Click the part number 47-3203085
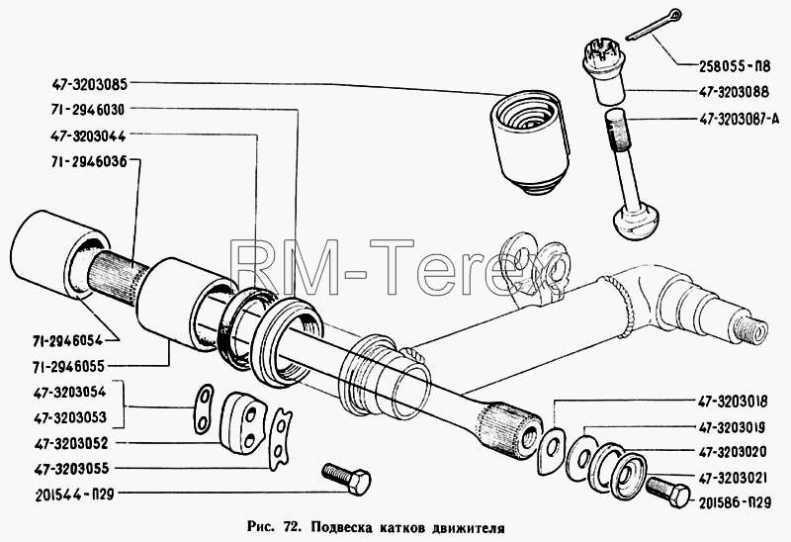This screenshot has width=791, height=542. (89, 84)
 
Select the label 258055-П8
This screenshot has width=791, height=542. (735, 65)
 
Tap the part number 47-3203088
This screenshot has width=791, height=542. (734, 92)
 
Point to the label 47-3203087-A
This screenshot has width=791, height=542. (739, 119)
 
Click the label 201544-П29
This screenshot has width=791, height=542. (75, 495)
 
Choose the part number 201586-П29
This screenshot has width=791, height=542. (735, 502)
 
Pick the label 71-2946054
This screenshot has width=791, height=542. (68, 340)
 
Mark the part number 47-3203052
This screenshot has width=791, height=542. (71, 444)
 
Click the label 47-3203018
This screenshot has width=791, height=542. (733, 402)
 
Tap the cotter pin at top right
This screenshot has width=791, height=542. (654, 27)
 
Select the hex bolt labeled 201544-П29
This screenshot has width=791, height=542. (347, 479)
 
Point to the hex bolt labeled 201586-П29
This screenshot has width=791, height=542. (667, 492)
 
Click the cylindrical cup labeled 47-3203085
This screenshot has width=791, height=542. (529, 141)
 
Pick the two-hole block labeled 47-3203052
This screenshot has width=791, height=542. (242, 423)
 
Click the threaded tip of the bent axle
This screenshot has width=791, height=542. (750, 329)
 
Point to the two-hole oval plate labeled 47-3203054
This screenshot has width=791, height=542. (204, 408)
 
